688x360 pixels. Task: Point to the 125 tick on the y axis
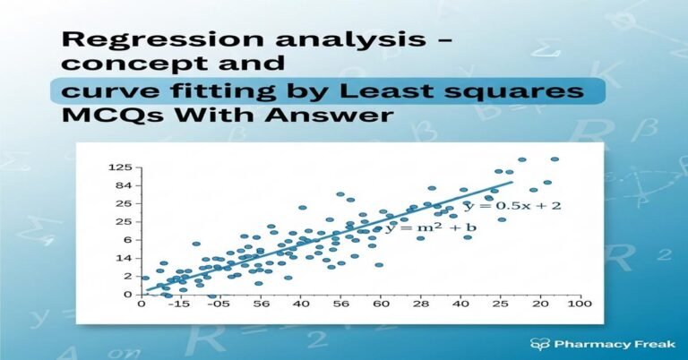click(x=120, y=167)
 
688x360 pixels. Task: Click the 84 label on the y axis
click(x=124, y=185)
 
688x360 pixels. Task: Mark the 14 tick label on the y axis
click(x=124, y=258)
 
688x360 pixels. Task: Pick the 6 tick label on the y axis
click(x=127, y=240)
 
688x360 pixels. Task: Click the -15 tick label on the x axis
click(x=183, y=305)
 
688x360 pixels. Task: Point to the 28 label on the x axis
click(x=420, y=305)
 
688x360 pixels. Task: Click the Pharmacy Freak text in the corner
click(x=604, y=342)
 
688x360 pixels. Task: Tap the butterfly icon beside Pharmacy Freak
click(x=539, y=342)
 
